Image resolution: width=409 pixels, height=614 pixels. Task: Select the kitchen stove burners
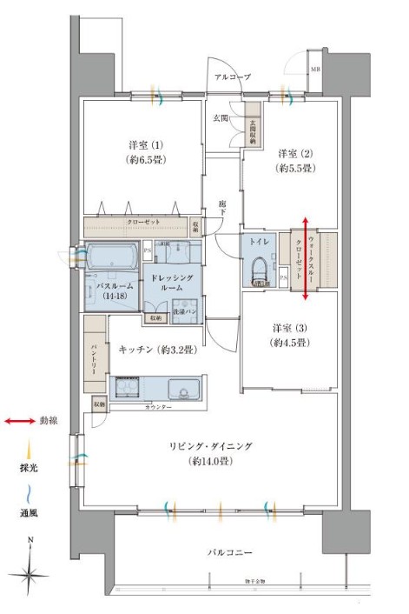tap(128, 388)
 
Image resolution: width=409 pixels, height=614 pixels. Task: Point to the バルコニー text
tap(229, 551)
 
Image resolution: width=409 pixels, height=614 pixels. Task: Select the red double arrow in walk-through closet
tap(305, 259)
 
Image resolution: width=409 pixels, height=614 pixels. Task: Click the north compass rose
tap(30, 572)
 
